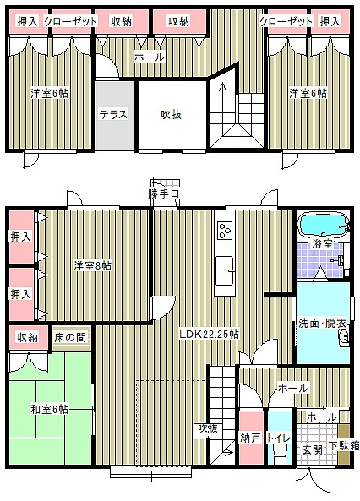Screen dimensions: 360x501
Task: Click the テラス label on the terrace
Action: [113, 114]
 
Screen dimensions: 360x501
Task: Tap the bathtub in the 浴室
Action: [323, 226]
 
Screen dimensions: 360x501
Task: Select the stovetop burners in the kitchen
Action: [225, 231]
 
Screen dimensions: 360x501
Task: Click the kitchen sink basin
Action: [225, 271]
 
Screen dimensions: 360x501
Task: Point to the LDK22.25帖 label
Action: [209, 335]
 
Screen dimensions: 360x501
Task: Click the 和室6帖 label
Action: [50, 409]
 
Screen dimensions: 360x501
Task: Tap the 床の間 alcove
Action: [71, 338]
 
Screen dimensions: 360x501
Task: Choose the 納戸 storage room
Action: [251, 438]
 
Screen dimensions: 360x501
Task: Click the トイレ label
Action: [279, 438]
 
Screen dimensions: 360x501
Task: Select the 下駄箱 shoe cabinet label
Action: [344, 446]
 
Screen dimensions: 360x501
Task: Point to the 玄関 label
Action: [312, 450]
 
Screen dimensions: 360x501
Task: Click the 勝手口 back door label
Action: [163, 194]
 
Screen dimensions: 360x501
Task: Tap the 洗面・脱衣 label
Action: [322, 323]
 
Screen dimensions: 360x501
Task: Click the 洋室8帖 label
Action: [92, 265]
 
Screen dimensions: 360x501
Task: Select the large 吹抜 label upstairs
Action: [171, 114]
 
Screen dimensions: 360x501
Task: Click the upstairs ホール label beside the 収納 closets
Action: [150, 57]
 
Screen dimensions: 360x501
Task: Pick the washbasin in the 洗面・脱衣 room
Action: [344, 337]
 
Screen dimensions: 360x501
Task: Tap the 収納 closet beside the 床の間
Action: [29, 338]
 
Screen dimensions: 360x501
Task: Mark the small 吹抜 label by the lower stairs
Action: [208, 428]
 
